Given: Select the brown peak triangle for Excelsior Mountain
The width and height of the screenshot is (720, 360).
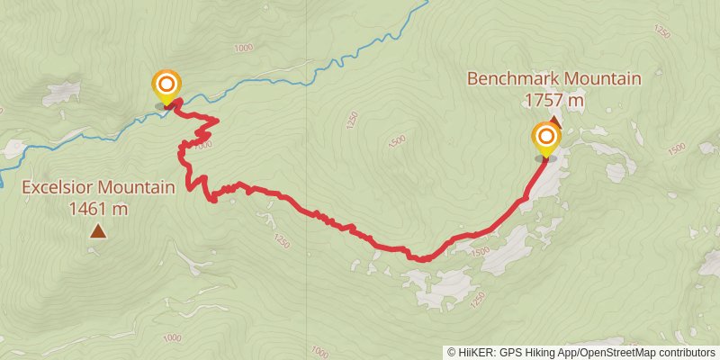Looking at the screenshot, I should point(97,232).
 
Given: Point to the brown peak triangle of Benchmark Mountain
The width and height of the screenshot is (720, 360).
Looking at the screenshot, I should point(554,121).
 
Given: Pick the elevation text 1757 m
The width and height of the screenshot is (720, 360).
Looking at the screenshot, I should point(553,100).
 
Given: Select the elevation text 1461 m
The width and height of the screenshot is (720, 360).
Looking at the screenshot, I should point(97,209).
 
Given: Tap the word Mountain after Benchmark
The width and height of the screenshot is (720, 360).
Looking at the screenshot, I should point(599,78).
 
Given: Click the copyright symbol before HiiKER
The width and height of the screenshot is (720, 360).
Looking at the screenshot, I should point(451,352).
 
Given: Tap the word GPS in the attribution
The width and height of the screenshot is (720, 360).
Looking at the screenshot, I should point(508,352).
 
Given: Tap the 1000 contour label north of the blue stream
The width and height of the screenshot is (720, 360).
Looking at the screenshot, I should point(242,48).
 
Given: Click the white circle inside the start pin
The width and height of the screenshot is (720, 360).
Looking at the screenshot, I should point(166,84).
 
